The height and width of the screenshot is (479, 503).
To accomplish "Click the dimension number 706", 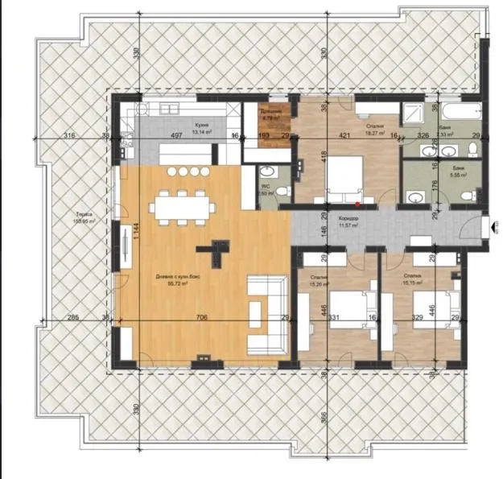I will coord(202,318).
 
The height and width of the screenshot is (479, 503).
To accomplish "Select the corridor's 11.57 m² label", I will coord(348,223).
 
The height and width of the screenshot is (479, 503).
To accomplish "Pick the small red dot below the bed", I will coord(346,204).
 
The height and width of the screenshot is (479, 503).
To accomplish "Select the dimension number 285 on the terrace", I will coord(72,318).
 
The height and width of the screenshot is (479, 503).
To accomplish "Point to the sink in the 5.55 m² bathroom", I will coord(413,196).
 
